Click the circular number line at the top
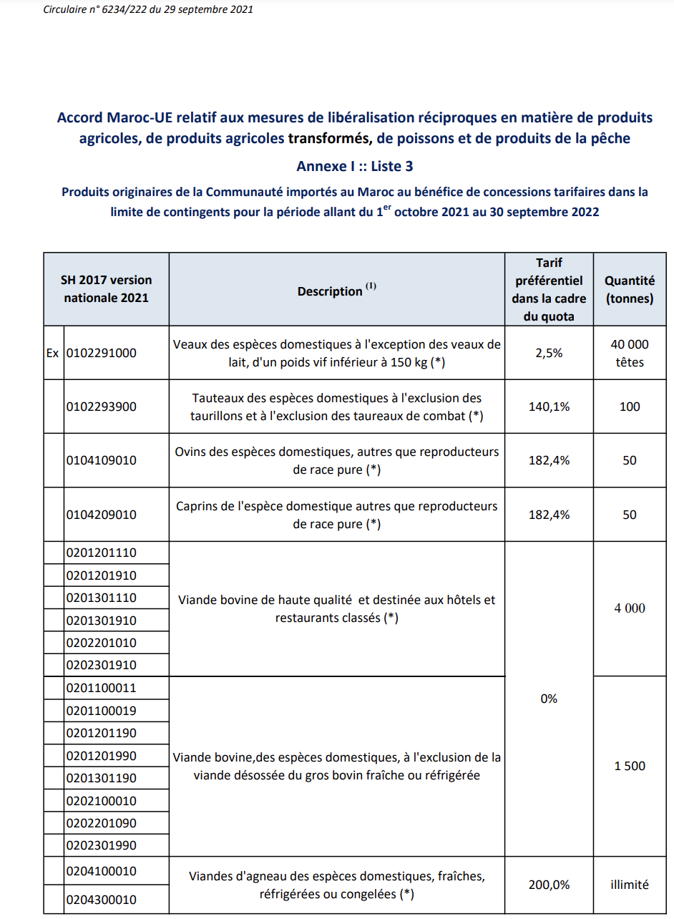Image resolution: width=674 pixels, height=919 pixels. coord(148,10)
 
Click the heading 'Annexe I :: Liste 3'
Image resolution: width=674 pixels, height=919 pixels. coord(354,166)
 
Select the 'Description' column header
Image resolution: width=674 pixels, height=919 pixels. coord(336,290)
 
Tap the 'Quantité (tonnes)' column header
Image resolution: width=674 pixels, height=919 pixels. coord(630,291)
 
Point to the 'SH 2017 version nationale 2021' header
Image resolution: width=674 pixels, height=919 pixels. coord(107,288)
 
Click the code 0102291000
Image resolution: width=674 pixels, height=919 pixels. coord(102,353)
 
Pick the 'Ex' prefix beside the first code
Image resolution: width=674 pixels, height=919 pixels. coord(54,353)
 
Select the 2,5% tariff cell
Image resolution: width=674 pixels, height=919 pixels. coord(549,353)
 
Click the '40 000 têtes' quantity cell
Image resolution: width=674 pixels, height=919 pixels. coord(630,353)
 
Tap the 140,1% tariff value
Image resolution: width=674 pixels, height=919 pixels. coord(549,407)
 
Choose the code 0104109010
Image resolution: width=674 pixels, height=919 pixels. coord(102,460)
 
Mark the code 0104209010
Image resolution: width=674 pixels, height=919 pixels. coord(102,515)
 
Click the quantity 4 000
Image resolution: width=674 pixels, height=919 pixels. coord(630,608)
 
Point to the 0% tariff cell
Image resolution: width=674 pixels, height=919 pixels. coord(549,699)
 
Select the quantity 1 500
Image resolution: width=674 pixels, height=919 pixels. coord(630,766)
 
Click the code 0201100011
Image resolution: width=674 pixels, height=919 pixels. coord(102,688)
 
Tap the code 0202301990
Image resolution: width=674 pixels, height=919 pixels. coord(102,845)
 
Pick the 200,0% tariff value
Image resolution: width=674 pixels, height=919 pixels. coord(549,885)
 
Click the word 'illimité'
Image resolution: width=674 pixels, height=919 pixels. coord(630,885)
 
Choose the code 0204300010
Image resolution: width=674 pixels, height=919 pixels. coord(102,900)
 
